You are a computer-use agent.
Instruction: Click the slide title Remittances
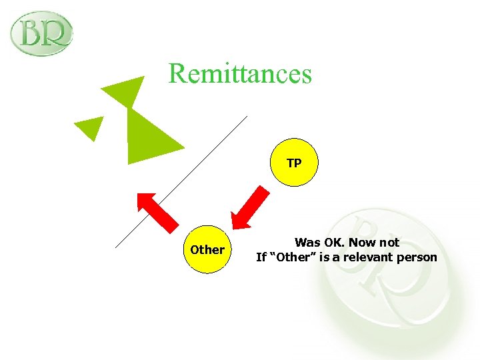coord(240,73)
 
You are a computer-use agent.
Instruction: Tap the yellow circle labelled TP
coord(294,163)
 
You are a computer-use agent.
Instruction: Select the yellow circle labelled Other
coord(207,249)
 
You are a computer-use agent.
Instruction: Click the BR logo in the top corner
coord(42,33)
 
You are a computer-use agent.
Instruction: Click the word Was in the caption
coord(307,243)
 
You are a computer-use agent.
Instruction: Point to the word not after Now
coord(390,243)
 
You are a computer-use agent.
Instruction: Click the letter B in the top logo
coord(31,33)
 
